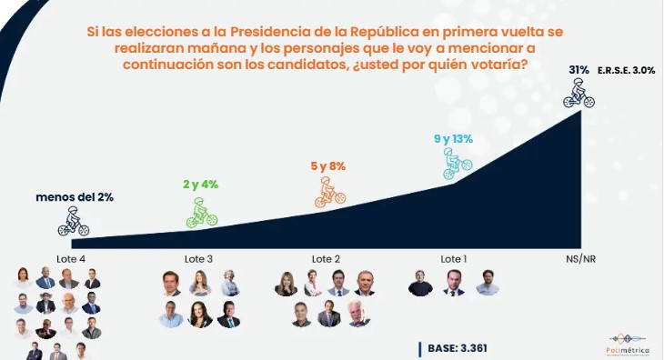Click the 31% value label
[579, 69]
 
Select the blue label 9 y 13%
[454, 138]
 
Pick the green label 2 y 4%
[200, 185]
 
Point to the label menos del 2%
[75, 196]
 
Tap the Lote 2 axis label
[326, 259]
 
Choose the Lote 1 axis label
[453, 259]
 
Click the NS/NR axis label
[580, 259]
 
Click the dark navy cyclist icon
[74, 221]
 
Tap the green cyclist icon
[200, 212]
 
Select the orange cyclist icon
[327, 192]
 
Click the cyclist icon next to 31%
[578, 93]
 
